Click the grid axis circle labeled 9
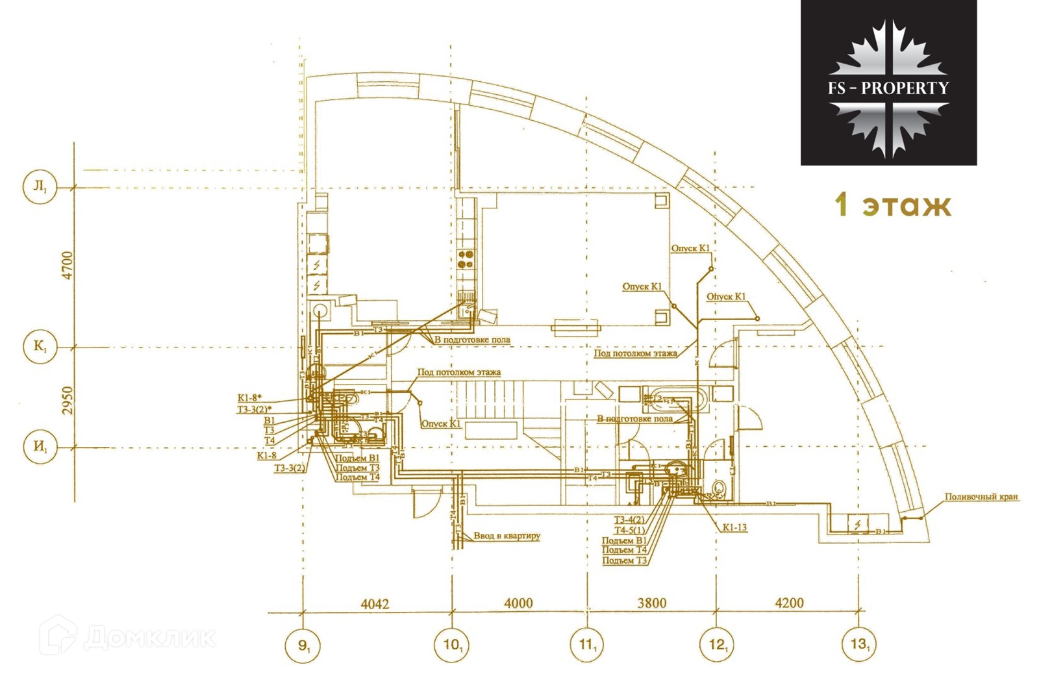point(303,646)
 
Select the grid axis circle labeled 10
point(451,646)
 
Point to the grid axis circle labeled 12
point(717,646)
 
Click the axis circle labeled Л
point(40,187)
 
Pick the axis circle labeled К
point(40,347)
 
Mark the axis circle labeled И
point(40,447)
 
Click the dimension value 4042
point(375,604)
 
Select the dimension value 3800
point(651,603)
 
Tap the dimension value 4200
point(789,603)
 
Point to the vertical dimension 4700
point(68,265)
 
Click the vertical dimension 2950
point(68,401)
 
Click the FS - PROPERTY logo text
point(888,88)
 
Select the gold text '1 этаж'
point(894,205)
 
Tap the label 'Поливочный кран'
point(981,497)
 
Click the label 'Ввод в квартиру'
point(507,536)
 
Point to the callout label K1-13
point(734,527)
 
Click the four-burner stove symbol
point(466,259)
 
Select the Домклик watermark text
point(149,638)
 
